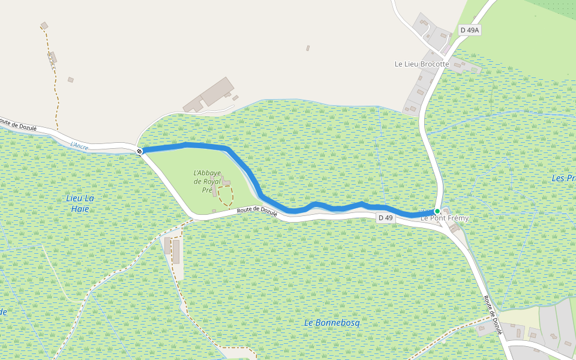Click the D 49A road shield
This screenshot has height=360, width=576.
coord(470,30)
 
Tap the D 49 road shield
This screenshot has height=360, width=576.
coord(385,218)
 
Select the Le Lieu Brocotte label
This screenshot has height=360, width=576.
coord(421,64)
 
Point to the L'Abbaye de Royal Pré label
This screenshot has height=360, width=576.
coord(207,181)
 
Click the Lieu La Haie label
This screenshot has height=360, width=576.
coord(80,203)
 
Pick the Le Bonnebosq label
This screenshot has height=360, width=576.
coord(332,323)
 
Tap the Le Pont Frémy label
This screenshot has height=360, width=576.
coord(445,218)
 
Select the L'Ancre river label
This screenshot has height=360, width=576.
coord(79,145)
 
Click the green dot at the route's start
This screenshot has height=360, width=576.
coord(437,211)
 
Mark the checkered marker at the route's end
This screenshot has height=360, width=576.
coord(139,151)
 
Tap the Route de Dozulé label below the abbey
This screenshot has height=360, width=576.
coord(257,210)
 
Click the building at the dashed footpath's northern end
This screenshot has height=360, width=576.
coord(44,26)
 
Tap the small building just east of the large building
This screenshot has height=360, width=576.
coord(235,98)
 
